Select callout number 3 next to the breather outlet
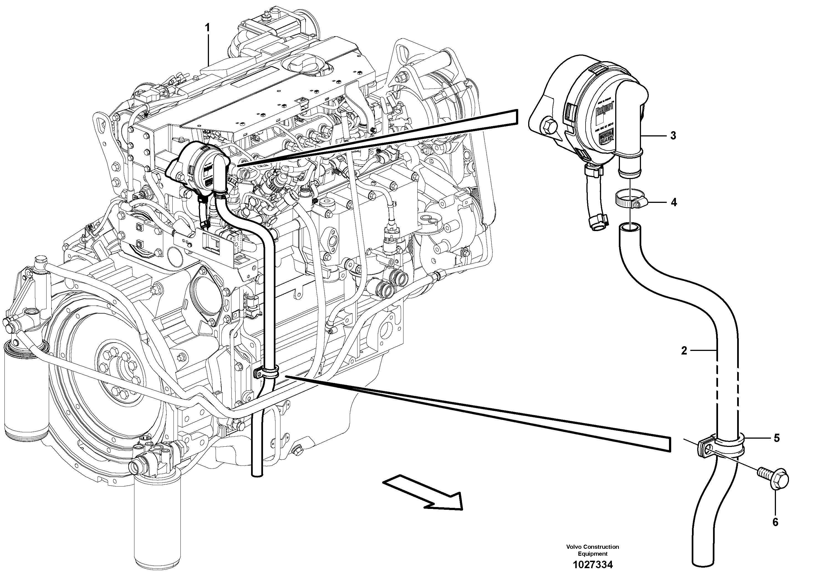tap(673, 136)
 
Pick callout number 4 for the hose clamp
tap(674, 202)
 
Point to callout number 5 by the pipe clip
tap(777, 438)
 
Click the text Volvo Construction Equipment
tap(592, 550)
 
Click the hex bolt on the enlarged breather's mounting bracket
tap(550, 126)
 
